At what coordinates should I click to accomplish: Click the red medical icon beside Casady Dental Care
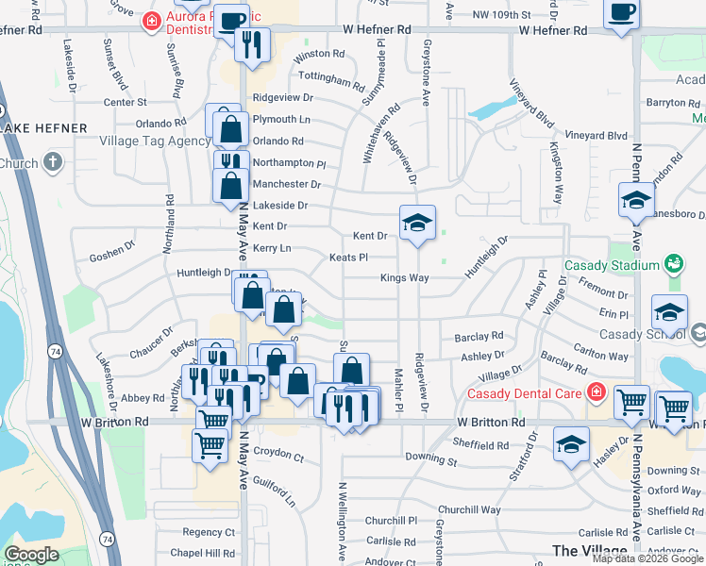(596, 391)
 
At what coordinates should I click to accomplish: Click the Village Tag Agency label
(155, 141)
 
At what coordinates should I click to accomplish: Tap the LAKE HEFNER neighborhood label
(43, 127)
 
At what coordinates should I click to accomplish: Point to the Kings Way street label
(405, 278)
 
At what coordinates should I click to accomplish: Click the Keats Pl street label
(347, 257)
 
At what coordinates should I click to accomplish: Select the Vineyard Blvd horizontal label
(597, 136)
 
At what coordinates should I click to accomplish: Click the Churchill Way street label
(469, 509)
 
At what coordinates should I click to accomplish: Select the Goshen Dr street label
(112, 256)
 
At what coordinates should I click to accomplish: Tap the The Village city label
(589, 551)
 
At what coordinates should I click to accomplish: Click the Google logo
(31, 555)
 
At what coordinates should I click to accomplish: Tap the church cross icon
(53, 162)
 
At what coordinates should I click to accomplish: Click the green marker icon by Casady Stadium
(673, 263)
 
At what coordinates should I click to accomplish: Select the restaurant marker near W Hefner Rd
(252, 44)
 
